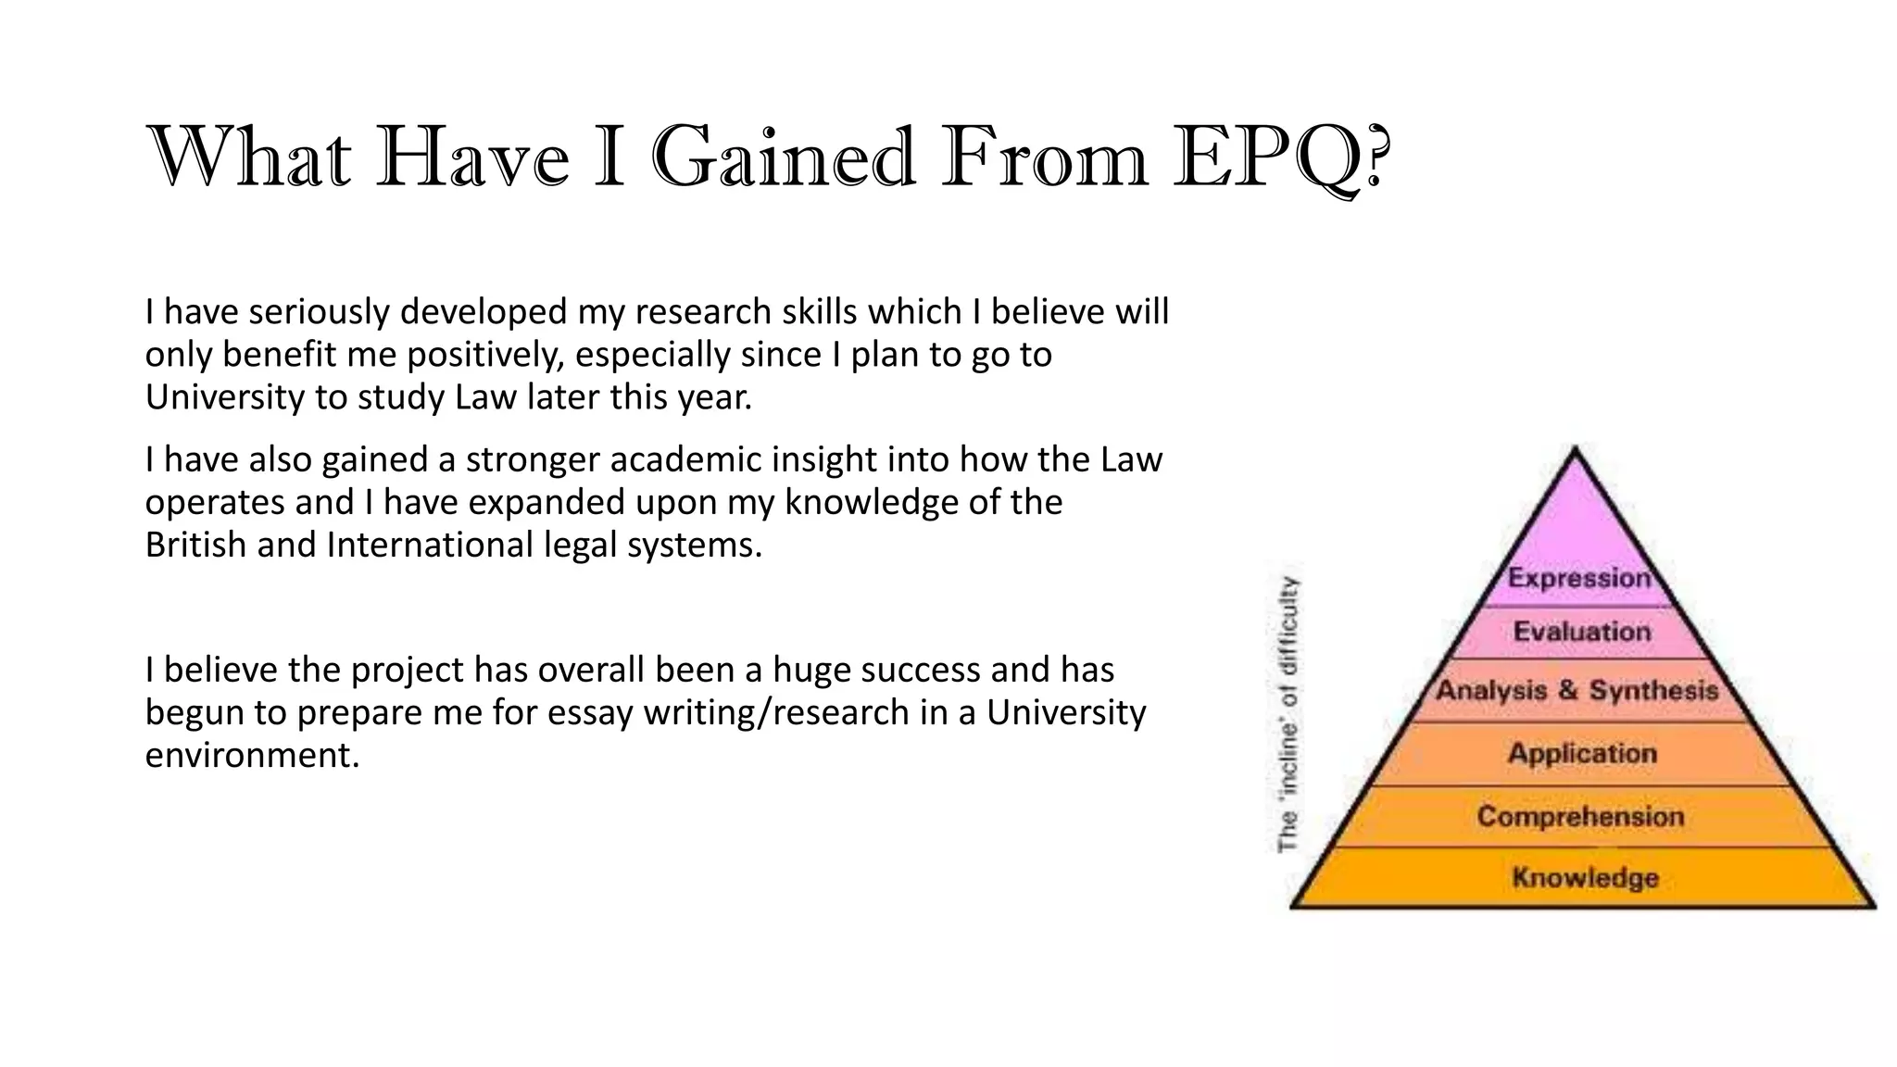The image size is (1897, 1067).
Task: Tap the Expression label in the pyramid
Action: (x=1579, y=578)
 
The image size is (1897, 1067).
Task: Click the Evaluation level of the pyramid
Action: (x=1582, y=632)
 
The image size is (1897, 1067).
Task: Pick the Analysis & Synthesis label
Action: (x=1577, y=690)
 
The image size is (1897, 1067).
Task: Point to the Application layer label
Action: (x=1582, y=753)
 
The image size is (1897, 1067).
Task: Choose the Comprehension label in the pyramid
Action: (x=1580, y=816)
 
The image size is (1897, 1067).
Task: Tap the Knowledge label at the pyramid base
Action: (x=1585, y=877)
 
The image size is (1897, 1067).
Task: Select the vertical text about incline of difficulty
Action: (x=1288, y=713)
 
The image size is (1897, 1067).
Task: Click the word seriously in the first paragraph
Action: (x=316, y=312)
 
